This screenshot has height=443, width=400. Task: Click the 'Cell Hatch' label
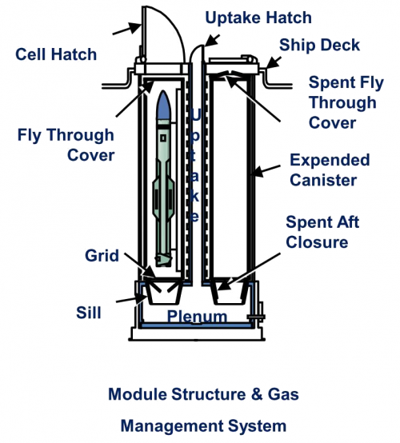56,54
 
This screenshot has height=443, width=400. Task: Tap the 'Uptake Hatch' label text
258,18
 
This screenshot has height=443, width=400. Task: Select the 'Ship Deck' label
319,46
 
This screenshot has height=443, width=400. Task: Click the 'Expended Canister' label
330,170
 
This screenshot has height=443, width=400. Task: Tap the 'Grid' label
102,256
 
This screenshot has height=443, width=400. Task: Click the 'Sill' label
89,313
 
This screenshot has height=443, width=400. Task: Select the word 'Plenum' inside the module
197,316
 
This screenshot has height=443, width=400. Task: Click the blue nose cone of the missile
164,105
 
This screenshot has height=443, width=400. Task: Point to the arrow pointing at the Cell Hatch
126,29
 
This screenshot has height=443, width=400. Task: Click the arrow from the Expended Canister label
265,170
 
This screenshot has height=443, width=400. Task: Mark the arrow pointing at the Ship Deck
274,62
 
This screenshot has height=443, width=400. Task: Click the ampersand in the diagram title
257,394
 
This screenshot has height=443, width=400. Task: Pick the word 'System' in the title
258,426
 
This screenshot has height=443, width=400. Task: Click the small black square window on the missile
163,138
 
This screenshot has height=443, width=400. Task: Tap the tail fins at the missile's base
163,260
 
